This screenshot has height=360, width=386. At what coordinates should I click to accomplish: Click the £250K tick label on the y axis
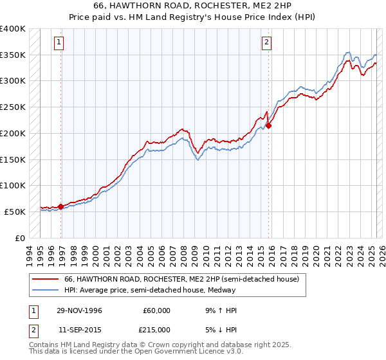coord(13,107)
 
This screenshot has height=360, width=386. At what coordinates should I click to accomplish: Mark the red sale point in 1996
coord(61,206)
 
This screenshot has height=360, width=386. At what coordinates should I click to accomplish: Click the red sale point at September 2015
coord(268,125)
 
